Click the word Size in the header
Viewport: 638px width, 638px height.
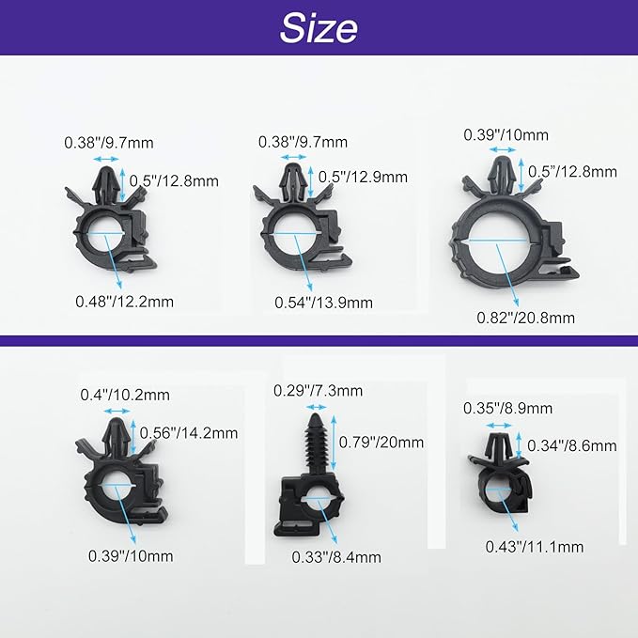tap(319, 28)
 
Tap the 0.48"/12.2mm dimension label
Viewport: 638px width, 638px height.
tap(125, 302)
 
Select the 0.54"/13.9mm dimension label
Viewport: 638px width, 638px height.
tap(323, 303)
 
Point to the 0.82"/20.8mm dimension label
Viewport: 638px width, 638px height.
tap(525, 318)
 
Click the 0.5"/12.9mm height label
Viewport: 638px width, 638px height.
tap(363, 177)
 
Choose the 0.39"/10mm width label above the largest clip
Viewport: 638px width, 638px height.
tap(506, 135)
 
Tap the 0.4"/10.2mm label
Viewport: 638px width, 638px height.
tap(125, 395)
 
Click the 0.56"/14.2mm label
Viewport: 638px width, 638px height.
tap(189, 433)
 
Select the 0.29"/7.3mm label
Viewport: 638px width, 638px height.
tap(318, 391)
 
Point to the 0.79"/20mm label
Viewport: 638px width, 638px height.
tap(381, 443)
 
